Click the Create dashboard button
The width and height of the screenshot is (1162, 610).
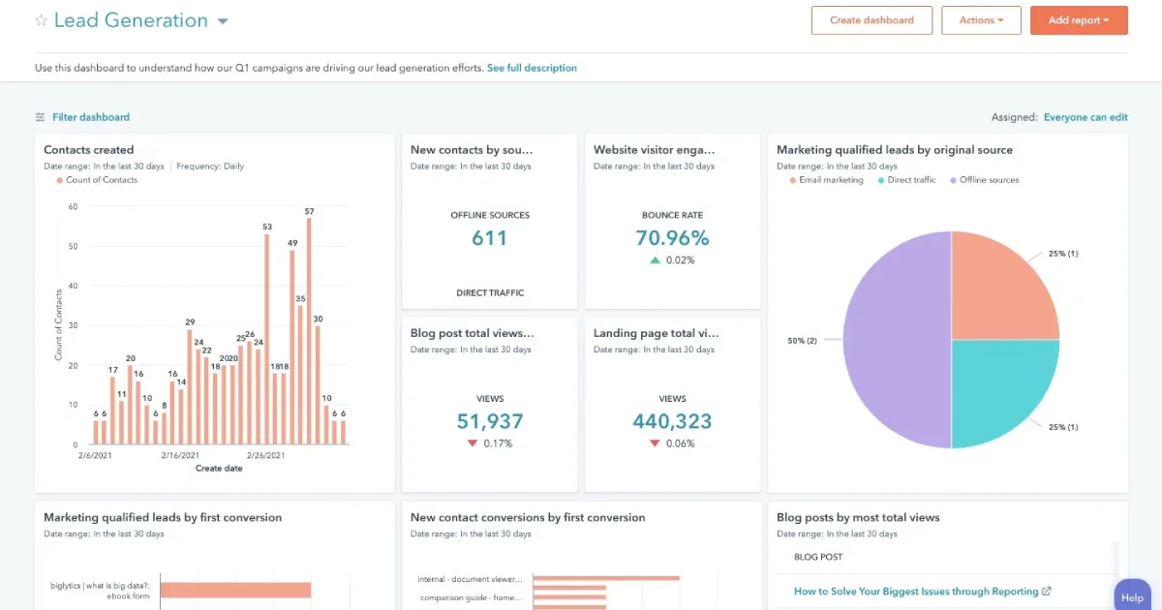[x=871, y=20]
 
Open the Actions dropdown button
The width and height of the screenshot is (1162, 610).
[x=981, y=20]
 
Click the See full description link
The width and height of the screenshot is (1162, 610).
[x=532, y=68]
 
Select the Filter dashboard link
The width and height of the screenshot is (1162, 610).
[x=90, y=117]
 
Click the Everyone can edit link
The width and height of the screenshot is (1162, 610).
[x=1085, y=117]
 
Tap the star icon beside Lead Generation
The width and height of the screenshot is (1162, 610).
[x=41, y=20]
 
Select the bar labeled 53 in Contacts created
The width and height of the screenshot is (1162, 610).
[x=266, y=339]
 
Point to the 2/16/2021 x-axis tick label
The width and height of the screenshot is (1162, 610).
[x=180, y=455]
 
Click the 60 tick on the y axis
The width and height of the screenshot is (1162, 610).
[x=73, y=206]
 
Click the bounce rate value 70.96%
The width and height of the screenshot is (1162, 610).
[x=672, y=238]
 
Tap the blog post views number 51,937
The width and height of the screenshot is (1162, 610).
[x=489, y=421]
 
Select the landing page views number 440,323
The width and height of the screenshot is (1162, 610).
[x=672, y=421]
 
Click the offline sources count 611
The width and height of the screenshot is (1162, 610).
[x=489, y=238]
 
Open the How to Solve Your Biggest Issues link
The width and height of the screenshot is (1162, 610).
[x=916, y=592]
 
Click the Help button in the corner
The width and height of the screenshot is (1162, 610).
[x=1132, y=597]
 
